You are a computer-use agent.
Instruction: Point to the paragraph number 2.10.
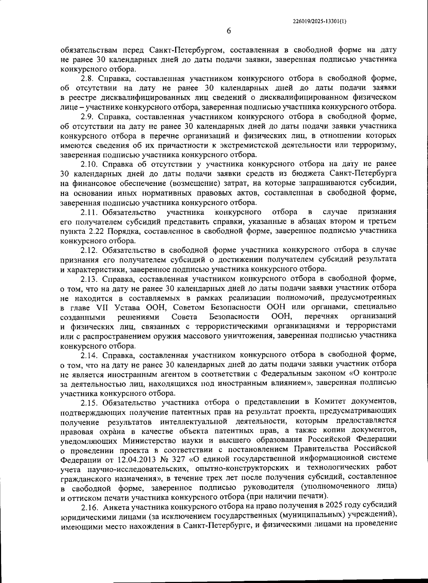click(x=89, y=164)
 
